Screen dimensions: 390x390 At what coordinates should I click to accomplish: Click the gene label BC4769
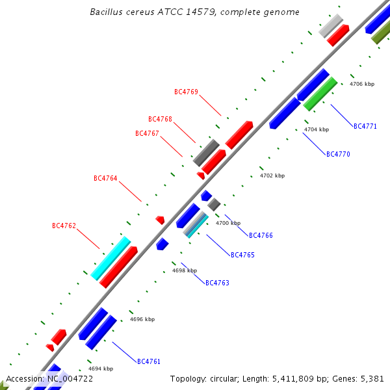point(186,92)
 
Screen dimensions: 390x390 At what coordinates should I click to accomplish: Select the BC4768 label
point(160,120)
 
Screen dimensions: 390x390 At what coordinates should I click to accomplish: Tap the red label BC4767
point(147,134)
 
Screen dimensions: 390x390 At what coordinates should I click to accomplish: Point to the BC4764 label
point(105,178)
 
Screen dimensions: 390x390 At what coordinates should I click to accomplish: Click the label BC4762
point(64,226)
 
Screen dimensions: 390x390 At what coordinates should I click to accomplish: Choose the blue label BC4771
point(365,126)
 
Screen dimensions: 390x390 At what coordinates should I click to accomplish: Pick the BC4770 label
point(338,155)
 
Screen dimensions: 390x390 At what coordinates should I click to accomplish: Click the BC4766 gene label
point(261,235)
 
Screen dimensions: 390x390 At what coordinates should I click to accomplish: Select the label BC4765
point(242,255)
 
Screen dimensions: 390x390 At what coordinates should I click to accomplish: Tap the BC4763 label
point(217,283)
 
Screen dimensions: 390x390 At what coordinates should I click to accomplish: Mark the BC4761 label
point(149,361)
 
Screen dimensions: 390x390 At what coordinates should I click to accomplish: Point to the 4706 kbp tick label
point(362,84)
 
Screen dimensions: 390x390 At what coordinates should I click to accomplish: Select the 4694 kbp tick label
point(101,369)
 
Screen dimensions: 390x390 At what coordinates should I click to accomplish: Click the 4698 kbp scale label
point(185,270)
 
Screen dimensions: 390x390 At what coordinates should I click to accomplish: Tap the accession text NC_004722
point(70,378)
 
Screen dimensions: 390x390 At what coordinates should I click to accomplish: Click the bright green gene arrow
point(320,94)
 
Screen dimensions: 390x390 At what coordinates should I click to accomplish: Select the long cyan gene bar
point(110,257)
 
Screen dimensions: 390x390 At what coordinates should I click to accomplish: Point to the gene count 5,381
point(372,378)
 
